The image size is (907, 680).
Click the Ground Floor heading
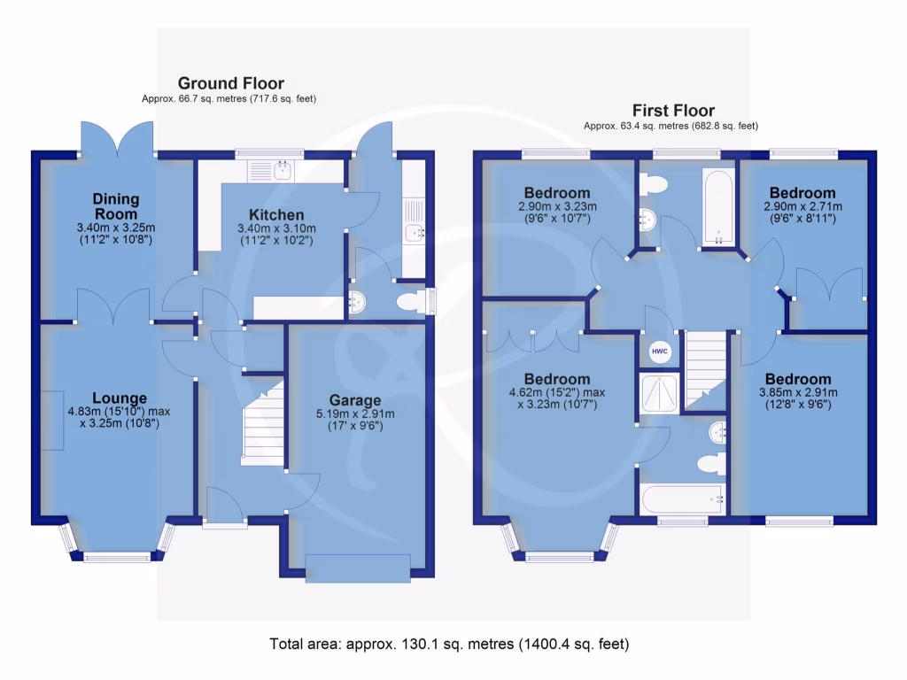tap(230, 83)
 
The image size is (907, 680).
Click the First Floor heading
tap(673, 111)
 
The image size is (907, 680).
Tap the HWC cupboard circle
tap(660, 352)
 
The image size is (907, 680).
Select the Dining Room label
tap(116, 207)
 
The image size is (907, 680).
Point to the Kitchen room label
tap(275, 215)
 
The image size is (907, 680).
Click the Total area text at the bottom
tap(449, 644)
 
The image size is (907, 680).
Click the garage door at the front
tap(357, 567)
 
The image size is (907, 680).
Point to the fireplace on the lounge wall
tap(50, 420)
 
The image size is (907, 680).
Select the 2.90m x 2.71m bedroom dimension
tap(802, 212)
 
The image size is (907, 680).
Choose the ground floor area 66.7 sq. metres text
tap(229, 99)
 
